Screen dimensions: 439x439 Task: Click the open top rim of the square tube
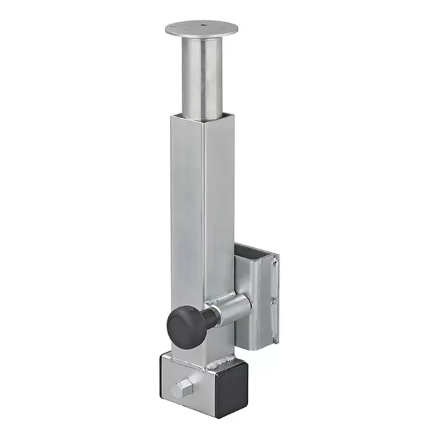coord(203,116)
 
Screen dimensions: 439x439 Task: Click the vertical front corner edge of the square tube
coord(203,223)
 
